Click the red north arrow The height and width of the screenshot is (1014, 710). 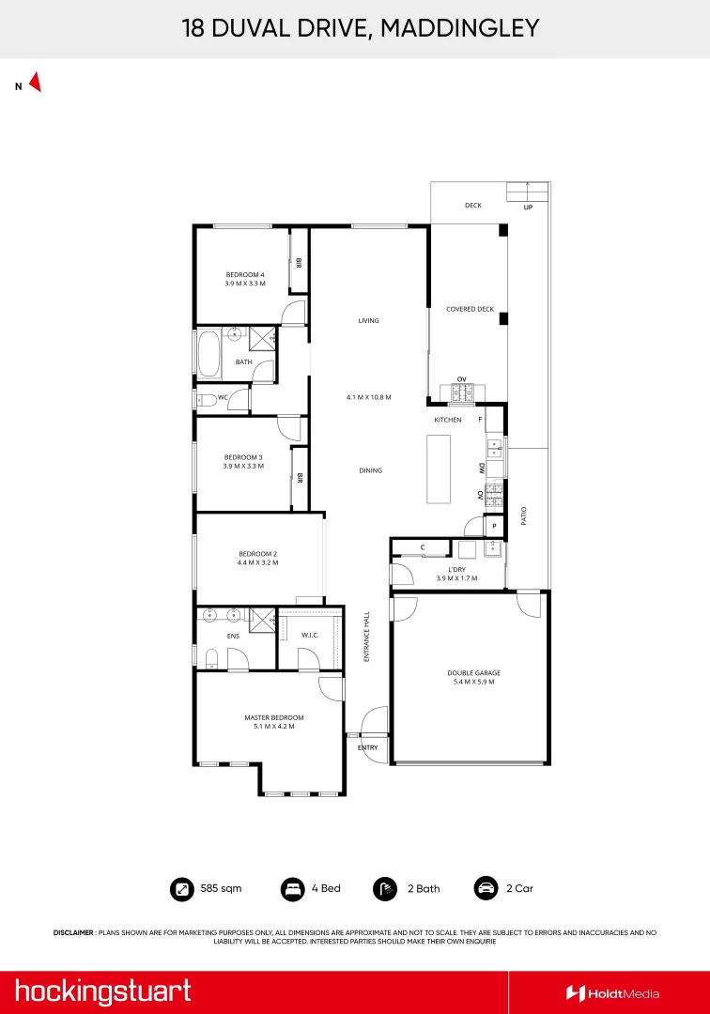(35, 83)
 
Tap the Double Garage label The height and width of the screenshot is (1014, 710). (473, 672)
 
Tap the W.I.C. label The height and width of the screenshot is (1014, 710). (310, 636)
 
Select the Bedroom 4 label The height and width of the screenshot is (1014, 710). (244, 274)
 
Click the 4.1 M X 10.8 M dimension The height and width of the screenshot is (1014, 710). (368, 397)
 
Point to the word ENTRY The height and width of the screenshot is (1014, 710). (368, 747)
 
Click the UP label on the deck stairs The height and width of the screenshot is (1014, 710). (528, 207)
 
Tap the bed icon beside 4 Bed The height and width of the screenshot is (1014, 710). (292, 888)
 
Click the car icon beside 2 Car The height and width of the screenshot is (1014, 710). (486, 888)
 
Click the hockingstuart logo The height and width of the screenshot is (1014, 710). (102, 991)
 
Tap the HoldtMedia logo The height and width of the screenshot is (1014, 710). (612, 993)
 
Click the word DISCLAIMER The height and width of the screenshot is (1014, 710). (73, 932)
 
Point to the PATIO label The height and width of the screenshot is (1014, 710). (524, 515)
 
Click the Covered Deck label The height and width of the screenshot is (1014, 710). (470, 309)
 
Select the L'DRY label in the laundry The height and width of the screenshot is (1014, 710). (457, 569)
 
